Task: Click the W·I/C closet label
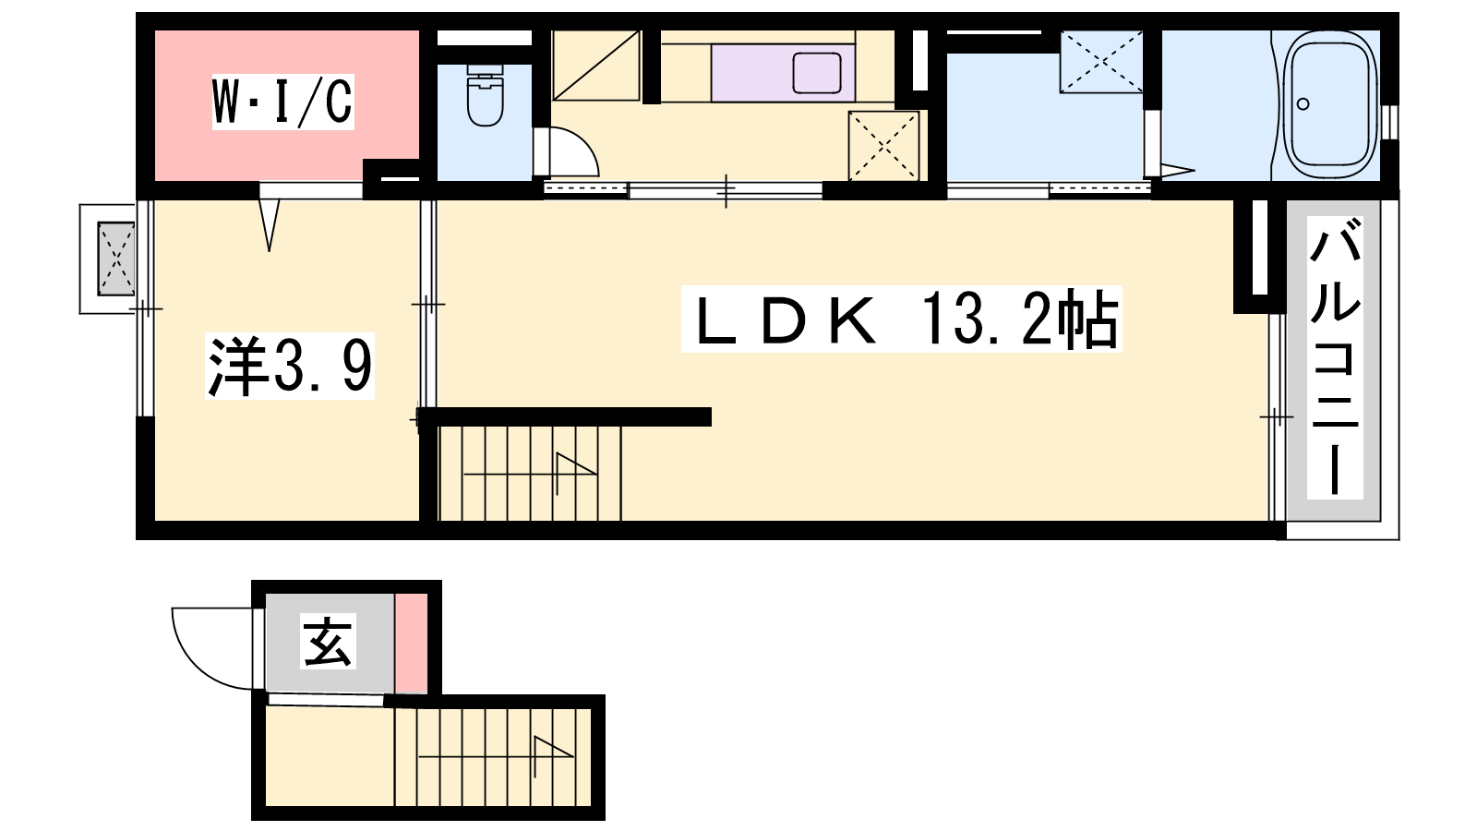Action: [x=282, y=102]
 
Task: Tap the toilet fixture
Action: [x=486, y=95]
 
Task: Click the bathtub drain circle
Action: [x=1303, y=104]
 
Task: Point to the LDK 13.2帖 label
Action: [x=901, y=319]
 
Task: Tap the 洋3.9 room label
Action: [x=290, y=366]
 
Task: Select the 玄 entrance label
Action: [x=329, y=641]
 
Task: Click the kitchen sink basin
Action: [x=817, y=73]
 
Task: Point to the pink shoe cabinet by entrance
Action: [x=411, y=644]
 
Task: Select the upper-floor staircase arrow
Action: [x=531, y=474]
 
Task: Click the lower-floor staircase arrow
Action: [x=496, y=756]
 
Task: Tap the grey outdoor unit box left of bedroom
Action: [x=116, y=259]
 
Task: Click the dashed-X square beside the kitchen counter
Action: [x=883, y=146]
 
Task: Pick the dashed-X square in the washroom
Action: [x=1100, y=61]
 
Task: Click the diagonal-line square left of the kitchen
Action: [x=596, y=66]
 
